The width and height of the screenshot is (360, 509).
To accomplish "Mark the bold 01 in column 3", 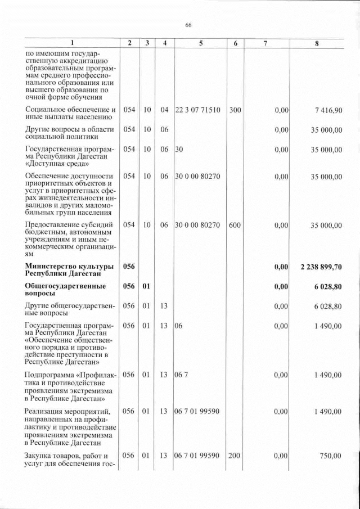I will point(146,286).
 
